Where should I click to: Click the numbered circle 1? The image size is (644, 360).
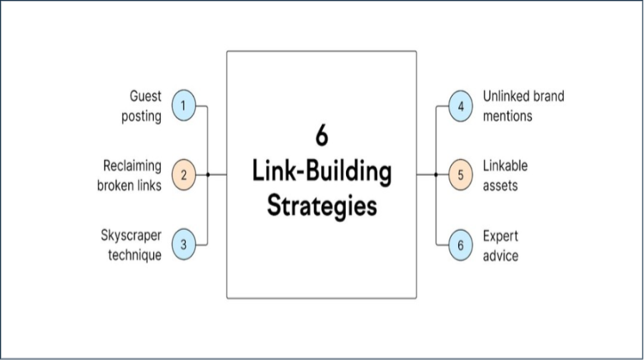coord(184,106)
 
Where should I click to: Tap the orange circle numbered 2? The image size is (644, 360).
coord(184,175)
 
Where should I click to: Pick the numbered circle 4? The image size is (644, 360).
coord(460,106)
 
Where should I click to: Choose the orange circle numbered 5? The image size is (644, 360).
coord(460,175)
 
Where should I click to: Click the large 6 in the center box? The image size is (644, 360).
coord(321,136)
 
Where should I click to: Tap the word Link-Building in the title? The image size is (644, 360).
coord(322,173)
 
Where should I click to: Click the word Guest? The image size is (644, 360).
coord(145,96)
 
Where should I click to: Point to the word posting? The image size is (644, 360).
coord(142,116)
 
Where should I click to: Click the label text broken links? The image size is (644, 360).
coord(128,186)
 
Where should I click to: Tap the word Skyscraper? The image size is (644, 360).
coord(131,236)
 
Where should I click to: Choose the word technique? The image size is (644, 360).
coord(134,255)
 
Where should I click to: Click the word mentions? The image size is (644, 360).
coord(507,115)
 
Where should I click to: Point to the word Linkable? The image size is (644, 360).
coord(505,166)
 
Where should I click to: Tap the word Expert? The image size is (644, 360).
coord(500,236)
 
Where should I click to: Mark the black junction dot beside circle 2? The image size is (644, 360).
coord(208,175)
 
